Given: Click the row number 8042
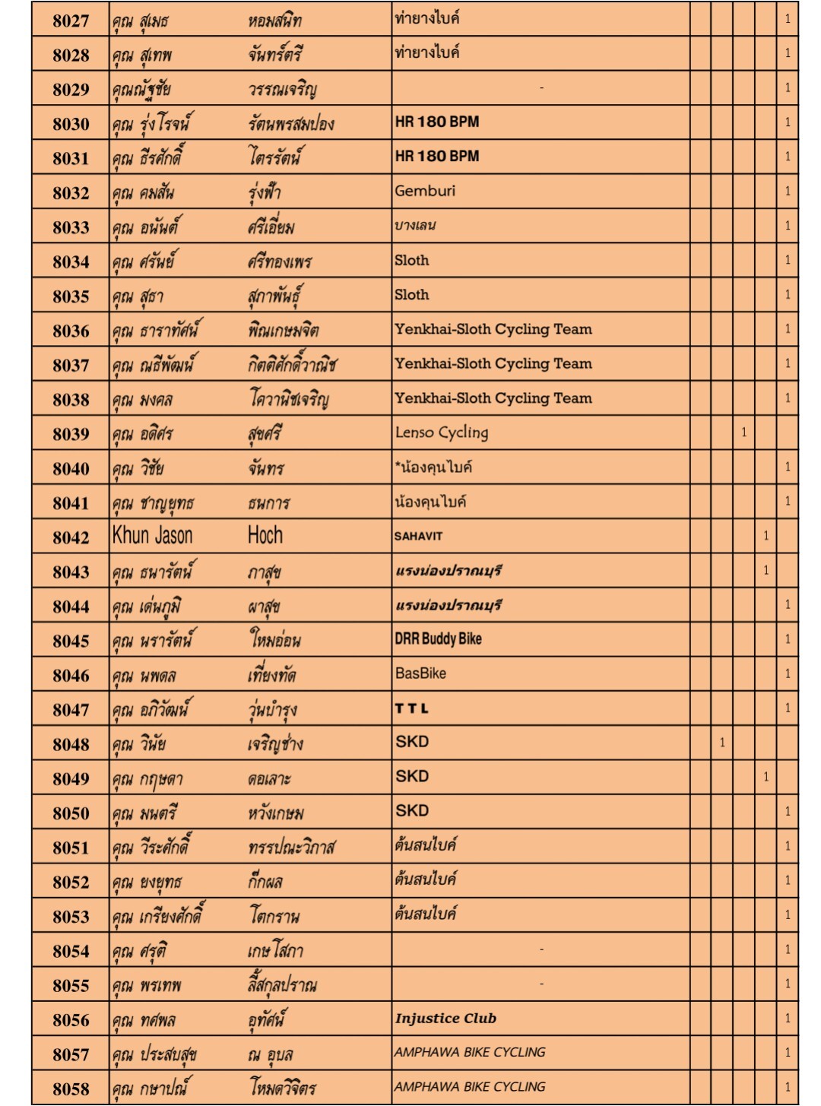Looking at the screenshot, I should tap(71, 537).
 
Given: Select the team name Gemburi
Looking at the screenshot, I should tap(425, 191).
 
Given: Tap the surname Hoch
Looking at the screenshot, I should tap(265, 536).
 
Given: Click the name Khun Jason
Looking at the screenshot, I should tap(152, 536).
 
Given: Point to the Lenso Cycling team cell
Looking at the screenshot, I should tap(442, 433).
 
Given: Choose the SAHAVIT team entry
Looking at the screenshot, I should tap(418, 536).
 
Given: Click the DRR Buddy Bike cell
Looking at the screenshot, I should tap(438, 639).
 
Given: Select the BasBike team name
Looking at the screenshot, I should tap(420, 673).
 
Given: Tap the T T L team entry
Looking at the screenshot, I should tap(411, 708).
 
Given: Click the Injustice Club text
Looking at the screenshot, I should tap(445, 1019).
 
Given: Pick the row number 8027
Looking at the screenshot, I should tap(71, 21).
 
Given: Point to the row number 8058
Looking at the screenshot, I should tap(71, 1089).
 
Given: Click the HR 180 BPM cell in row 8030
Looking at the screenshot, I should tap(437, 122).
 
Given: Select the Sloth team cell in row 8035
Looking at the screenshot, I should tap(411, 294).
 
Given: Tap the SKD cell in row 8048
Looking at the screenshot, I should tap(412, 742).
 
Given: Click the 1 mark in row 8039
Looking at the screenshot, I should tap(743, 433).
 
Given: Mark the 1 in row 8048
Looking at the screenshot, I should tap(722, 743).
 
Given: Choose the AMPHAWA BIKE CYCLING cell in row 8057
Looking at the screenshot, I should tap(470, 1052).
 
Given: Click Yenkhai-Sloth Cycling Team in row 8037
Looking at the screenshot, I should tap(493, 363).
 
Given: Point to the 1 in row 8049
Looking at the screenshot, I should tap(766, 777).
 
